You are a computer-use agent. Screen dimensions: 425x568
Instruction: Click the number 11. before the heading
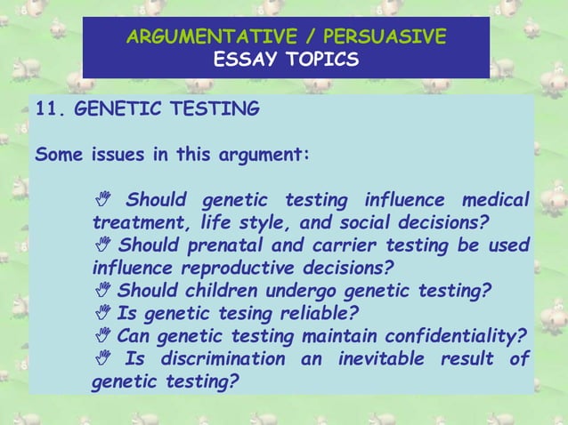coord(51,109)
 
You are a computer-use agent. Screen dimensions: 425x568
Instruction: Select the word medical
coord(493,197)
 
